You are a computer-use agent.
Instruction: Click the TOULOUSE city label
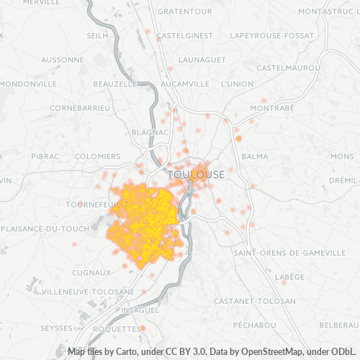click(x=195, y=174)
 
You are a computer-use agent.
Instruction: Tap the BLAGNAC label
click(x=150, y=132)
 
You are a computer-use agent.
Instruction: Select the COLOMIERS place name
click(x=97, y=156)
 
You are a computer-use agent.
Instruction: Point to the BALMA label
click(x=255, y=156)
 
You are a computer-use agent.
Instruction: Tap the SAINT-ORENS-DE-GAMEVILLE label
click(x=289, y=253)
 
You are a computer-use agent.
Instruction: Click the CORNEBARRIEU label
click(x=80, y=108)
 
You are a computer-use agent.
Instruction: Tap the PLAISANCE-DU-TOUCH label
click(x=45, y=228)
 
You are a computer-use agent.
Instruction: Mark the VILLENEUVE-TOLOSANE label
click(x=89, y=292)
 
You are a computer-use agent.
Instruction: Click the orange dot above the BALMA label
click(x=238, y=138)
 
